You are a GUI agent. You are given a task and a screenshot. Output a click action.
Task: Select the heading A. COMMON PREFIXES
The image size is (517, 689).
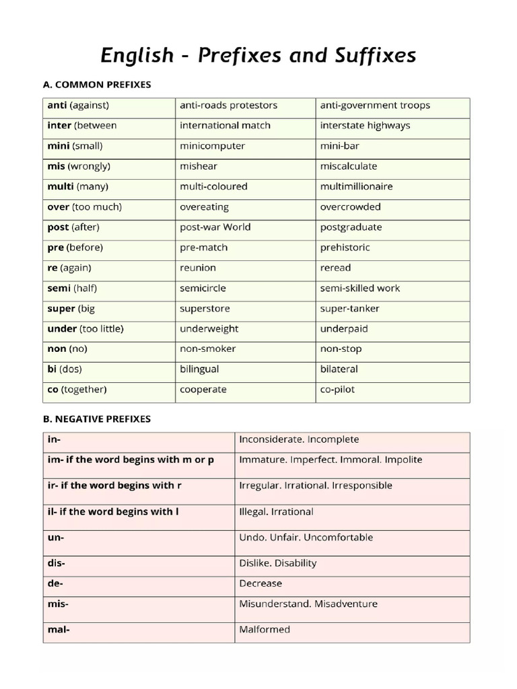click(x=97, y=85)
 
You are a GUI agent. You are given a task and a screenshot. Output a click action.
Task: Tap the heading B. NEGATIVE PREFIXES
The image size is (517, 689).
click(x=96, y=419)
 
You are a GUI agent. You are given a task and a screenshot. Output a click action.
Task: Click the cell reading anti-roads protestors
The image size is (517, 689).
click(x=228, y=106)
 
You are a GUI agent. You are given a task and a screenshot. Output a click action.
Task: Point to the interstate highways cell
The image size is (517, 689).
click(x=365, y=126)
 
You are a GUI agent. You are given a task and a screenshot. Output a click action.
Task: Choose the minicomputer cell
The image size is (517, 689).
click(x=212, y=146)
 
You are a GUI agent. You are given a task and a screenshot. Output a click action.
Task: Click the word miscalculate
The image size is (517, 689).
click(x=349, y=166)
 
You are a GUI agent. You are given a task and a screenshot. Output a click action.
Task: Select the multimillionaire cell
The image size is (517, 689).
click(x=356, y=186)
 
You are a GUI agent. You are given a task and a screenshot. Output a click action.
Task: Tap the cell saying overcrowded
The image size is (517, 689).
click(x=350, y=207)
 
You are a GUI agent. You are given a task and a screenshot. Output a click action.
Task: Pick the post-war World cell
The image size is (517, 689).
click(x=215, y=227)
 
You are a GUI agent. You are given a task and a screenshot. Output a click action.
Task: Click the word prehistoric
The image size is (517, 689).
click(x=345, y=248)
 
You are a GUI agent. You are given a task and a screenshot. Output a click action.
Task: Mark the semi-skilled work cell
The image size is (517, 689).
click(x=359, y=288)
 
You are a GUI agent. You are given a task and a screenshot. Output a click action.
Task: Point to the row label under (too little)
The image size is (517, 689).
click(x=85, y=329)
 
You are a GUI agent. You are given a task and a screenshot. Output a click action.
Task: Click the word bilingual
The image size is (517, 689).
click(x=199, y=369)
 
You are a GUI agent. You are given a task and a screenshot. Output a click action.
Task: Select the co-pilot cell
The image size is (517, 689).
click(x=337, y=390)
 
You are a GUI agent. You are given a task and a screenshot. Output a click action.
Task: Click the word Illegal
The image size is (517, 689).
click(x=253, y=511)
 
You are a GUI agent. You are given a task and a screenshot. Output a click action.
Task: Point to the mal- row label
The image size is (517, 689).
click(x=59, y=630)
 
